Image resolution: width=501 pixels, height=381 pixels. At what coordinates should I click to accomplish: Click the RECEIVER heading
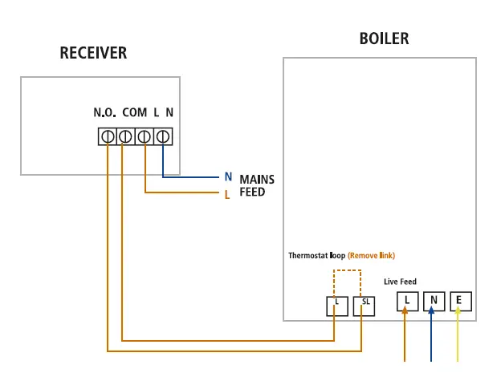click(93, 54)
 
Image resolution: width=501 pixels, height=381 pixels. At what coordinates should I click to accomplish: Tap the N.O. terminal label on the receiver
click(105, 113)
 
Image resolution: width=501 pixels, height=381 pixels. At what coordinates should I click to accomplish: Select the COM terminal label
click(134, 113)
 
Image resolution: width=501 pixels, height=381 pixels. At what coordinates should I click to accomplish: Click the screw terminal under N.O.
click(107, 137)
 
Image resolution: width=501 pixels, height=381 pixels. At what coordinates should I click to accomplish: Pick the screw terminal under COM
click(125, 137)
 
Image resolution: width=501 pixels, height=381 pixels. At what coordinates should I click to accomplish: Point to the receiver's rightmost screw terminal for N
click(163, 137)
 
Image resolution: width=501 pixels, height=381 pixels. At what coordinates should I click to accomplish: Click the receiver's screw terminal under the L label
click(145, 137)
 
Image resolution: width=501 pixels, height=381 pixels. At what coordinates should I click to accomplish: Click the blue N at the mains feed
click(228, 177)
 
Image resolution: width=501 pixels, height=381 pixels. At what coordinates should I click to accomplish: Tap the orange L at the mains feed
click(228, 194)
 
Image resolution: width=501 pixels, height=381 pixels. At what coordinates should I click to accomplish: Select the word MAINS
click(257, 180)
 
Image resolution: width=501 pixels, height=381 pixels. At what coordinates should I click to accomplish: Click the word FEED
click(252, 193)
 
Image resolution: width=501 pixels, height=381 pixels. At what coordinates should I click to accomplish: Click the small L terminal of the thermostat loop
click(336, 306)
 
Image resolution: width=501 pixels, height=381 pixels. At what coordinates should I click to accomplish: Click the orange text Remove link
click(371, 256)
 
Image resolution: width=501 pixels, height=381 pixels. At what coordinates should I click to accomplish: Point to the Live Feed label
click(401, 282)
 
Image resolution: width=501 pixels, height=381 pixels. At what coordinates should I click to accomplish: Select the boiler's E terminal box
click(461, 302)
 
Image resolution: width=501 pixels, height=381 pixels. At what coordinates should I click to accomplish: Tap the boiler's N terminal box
click(434, 302)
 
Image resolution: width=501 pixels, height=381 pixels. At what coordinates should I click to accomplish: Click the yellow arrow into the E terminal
click(458, 337)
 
